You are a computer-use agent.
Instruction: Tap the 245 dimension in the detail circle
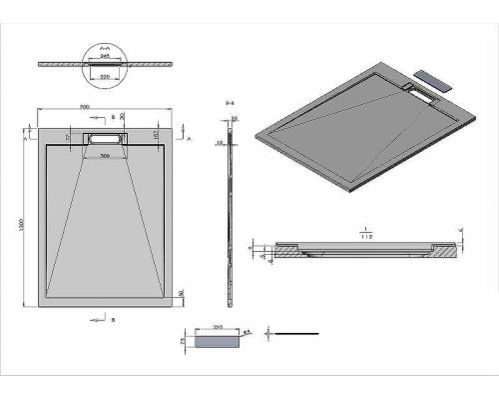click(106, 57)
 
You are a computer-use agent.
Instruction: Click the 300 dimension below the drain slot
click(104, 157)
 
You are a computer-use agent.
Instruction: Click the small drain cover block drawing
click(219, 342)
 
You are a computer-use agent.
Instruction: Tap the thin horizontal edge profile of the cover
click(299, 331)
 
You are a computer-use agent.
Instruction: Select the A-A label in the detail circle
click(106, 47)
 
